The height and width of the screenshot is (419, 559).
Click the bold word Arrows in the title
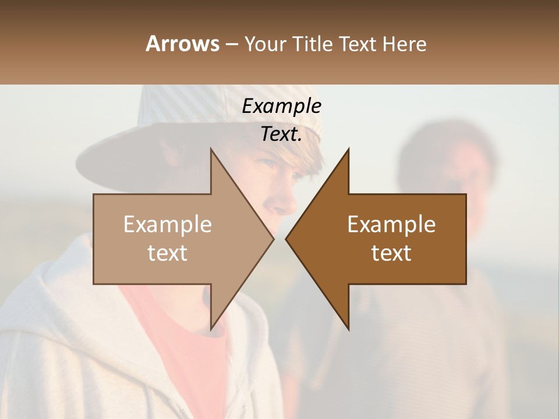tap(182, 44)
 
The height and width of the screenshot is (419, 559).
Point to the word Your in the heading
tap(264, 44)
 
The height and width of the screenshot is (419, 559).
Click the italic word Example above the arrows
tap(282, 106)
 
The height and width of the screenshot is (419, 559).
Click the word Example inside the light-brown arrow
tap(168, 224)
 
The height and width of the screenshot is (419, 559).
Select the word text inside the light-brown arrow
tap(168, 253)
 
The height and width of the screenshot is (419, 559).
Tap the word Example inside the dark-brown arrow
tap(391, 224)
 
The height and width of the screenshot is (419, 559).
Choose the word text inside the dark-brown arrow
tap(391, 253)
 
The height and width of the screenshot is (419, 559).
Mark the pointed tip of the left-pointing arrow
tap(287, 239)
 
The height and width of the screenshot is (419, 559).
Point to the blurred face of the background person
tap(448, 169)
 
